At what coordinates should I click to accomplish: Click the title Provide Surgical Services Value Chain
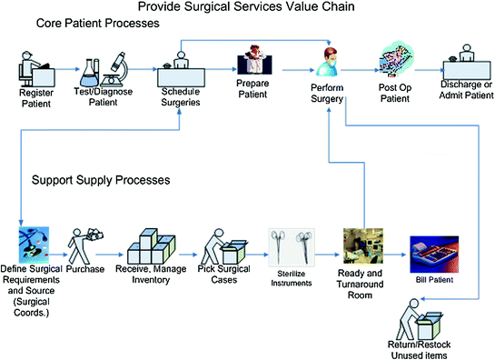[248, 8]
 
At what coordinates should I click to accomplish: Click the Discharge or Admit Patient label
[465, 91]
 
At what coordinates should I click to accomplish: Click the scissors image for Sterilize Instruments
[291, 246]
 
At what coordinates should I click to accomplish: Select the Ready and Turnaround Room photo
[361, 246]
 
